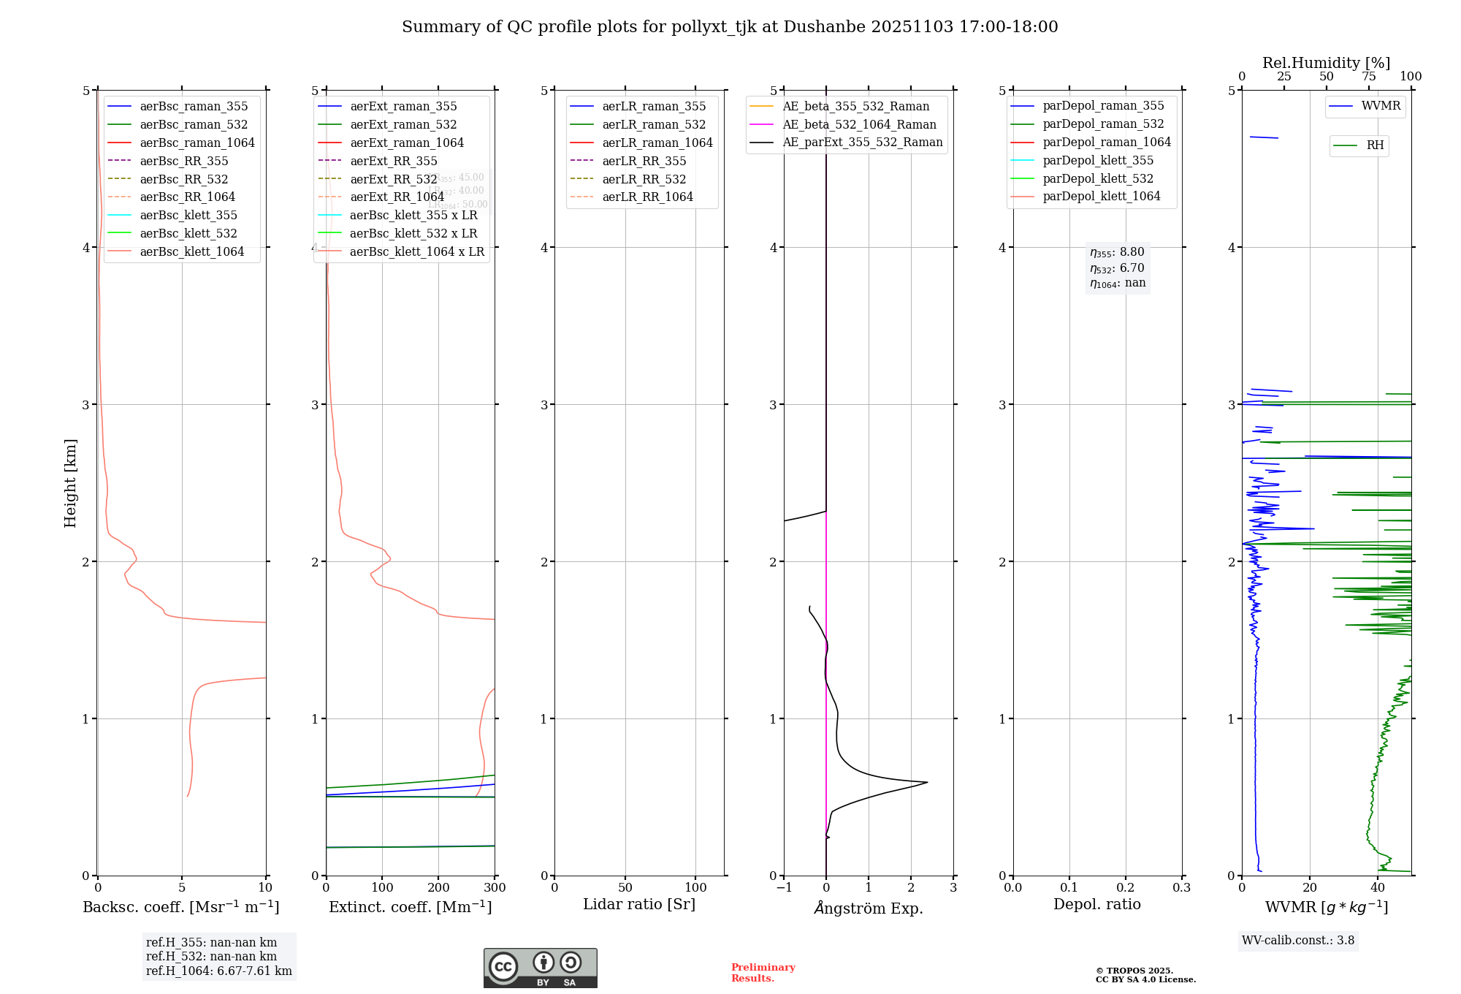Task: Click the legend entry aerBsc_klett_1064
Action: click(191, 251)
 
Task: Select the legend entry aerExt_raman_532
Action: click(403, 124)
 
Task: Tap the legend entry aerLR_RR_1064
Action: click(647, 197)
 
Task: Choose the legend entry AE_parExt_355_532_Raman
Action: click(862, 142)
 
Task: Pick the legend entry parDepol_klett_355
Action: click(1098, 160)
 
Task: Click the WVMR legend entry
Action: click(1381, 106)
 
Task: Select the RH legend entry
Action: click(1375, 145)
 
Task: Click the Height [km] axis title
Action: click(70, 482)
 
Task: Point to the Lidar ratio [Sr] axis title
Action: click(639, 904)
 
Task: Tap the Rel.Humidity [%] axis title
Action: click(1326, 63)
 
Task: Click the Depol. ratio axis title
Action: click(1096, 904)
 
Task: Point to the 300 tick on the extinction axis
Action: click(495, 887)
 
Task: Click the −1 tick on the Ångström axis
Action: click(784, 887)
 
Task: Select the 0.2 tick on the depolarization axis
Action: click(1126, 887)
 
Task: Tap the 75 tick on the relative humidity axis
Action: click(1369, 77)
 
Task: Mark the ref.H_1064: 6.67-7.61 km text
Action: click(218, 971)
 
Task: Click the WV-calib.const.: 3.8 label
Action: click(1298, 940)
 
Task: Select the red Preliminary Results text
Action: click(763, 972)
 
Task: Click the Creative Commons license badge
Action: click(540, 968)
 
